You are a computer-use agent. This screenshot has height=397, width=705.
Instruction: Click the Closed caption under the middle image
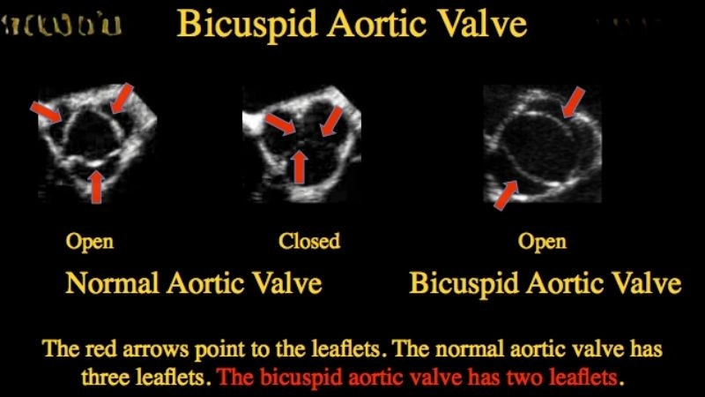pyautogui.click(x=308, y=241)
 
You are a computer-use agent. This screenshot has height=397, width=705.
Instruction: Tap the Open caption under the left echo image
pyautogui.click(x=90, y=241)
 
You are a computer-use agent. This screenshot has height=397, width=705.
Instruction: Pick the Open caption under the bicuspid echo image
pyautogui.click(x=542, y=241)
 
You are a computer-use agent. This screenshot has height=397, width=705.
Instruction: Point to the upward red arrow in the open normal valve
pyautogui.click(x=96, y=185)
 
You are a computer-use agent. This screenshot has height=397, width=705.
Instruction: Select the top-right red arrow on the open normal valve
pyautogui.click(x=121, y=98)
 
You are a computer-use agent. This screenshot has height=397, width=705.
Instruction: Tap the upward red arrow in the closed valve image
pyautogui.click(x=300, y=166)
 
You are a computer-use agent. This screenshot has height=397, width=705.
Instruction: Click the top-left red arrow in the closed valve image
pyautogui.click(x=280, y=122)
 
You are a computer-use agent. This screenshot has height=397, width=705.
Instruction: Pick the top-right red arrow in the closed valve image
pyautogui.click(x=330, y=121)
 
